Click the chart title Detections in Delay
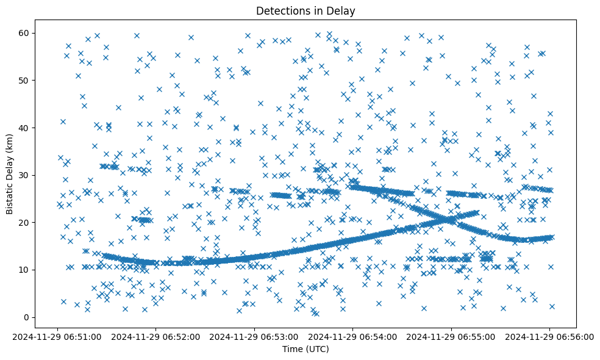click(305, 11)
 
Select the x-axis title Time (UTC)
click(305, 349)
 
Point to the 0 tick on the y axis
click(27, 317)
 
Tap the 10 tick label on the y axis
click(25, 270)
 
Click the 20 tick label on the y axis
click(25, 222)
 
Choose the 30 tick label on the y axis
click(25, 175)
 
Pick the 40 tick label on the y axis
click(25, 128)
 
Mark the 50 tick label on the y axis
click(25, 80)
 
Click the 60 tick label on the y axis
click(25, 33)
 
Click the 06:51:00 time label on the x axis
click(59, 336)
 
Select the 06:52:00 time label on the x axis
click(157, 336)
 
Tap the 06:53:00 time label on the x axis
click(255, 336)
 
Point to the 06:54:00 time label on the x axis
click(354, 336)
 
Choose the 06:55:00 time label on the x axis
click(452, 336)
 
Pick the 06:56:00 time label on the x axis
click(550, 336)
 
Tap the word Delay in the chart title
click(343, 11)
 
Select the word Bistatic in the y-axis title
click(10, 194)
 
